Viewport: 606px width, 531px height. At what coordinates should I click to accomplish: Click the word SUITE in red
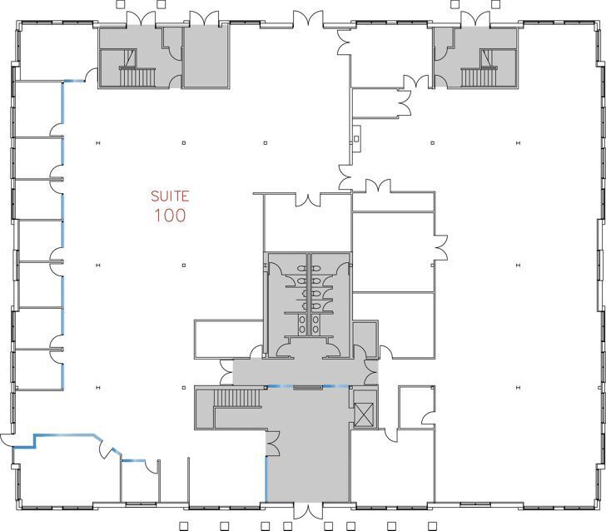pyautogui.click(x=170, y=197)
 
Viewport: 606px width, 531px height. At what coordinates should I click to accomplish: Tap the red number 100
pyautogui.click(x=170, y=216)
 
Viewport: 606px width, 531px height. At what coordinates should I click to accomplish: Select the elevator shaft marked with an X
pyautogui.click(x=364, y=414)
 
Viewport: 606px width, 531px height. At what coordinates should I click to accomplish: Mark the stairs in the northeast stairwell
pyautogui.click(x=477, y=77)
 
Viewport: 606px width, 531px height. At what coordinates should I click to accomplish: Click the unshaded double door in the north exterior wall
pyautogui.click(x=306, y=18)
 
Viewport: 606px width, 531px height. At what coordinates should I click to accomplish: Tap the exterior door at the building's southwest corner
pyautogui.click(x=7, y=441)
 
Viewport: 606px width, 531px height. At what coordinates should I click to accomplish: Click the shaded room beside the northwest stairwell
pyautogui.click(x=205, y=57)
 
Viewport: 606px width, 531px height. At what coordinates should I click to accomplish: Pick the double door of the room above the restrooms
pyautogui.click(x=308, y=200)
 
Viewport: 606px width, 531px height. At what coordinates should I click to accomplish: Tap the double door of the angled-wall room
pyautogui.click(x=107, y=450)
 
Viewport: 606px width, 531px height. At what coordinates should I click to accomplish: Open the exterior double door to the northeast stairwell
pyautogui.click(x=475, y=18)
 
